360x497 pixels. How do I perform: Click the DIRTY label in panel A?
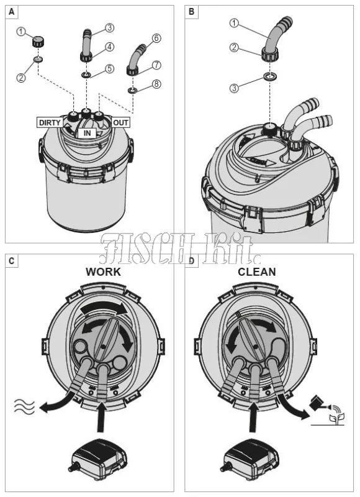tap(50, 122)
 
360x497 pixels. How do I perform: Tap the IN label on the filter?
tap(87, 134)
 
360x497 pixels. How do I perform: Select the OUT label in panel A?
tap(120, 122)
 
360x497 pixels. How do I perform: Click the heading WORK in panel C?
tap(103, 272)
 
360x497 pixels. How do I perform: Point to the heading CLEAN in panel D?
tap(257, 272)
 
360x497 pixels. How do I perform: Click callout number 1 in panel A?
tap(22, 32)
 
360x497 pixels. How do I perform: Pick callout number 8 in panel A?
tap(156, 84)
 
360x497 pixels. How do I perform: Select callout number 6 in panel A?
tap(156, 39)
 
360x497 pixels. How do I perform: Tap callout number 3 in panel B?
tap(234, 88)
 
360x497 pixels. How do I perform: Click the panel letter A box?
tap(12, 12)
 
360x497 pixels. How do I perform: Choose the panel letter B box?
tap(191, 12)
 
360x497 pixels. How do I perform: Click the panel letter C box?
tap(12, 261)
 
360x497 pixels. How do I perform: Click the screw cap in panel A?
tap(38, 42)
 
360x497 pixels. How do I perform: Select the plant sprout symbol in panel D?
tap(337, 417)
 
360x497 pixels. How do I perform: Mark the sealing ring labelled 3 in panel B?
tap(269, 76)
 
